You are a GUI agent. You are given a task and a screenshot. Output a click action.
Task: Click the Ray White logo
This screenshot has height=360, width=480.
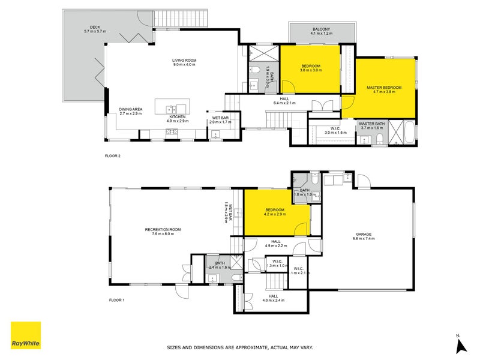(x=26, y=335)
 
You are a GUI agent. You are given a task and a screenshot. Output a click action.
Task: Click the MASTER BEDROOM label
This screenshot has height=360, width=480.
(x=384, y=88)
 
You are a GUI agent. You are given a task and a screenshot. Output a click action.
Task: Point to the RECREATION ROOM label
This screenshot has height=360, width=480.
(x=163, y=229)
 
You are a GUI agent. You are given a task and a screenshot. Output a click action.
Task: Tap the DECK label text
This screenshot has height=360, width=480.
(x=95, y=27)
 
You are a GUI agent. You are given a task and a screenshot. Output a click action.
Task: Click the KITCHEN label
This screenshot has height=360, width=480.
(x=178, y=117)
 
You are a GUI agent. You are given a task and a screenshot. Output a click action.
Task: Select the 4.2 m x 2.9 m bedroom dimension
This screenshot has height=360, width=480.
(x=275, y=214)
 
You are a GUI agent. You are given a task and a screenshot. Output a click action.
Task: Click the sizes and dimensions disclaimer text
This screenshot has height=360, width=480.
(x=240, y=347)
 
